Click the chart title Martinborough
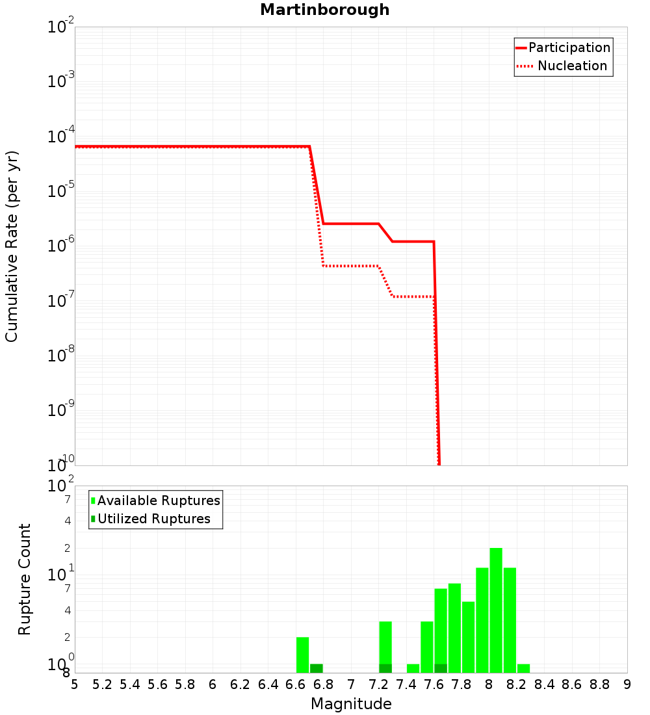(325, 10)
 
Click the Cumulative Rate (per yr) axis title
(12, 246)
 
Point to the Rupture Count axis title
(25, 579)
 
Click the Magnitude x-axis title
(351, 704)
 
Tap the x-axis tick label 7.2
(379, 684)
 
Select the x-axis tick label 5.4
(130, 684)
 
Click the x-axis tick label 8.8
(599, 684)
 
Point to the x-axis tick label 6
(213, 684)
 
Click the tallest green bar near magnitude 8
(496, 611)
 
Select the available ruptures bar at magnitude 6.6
(302, 655)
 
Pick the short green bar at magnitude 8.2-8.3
(523, 668)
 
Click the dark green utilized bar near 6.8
(316, 668)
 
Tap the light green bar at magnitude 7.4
(413, 668)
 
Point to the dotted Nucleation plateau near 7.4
(413, 296)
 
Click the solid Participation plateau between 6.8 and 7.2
(351, 224)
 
